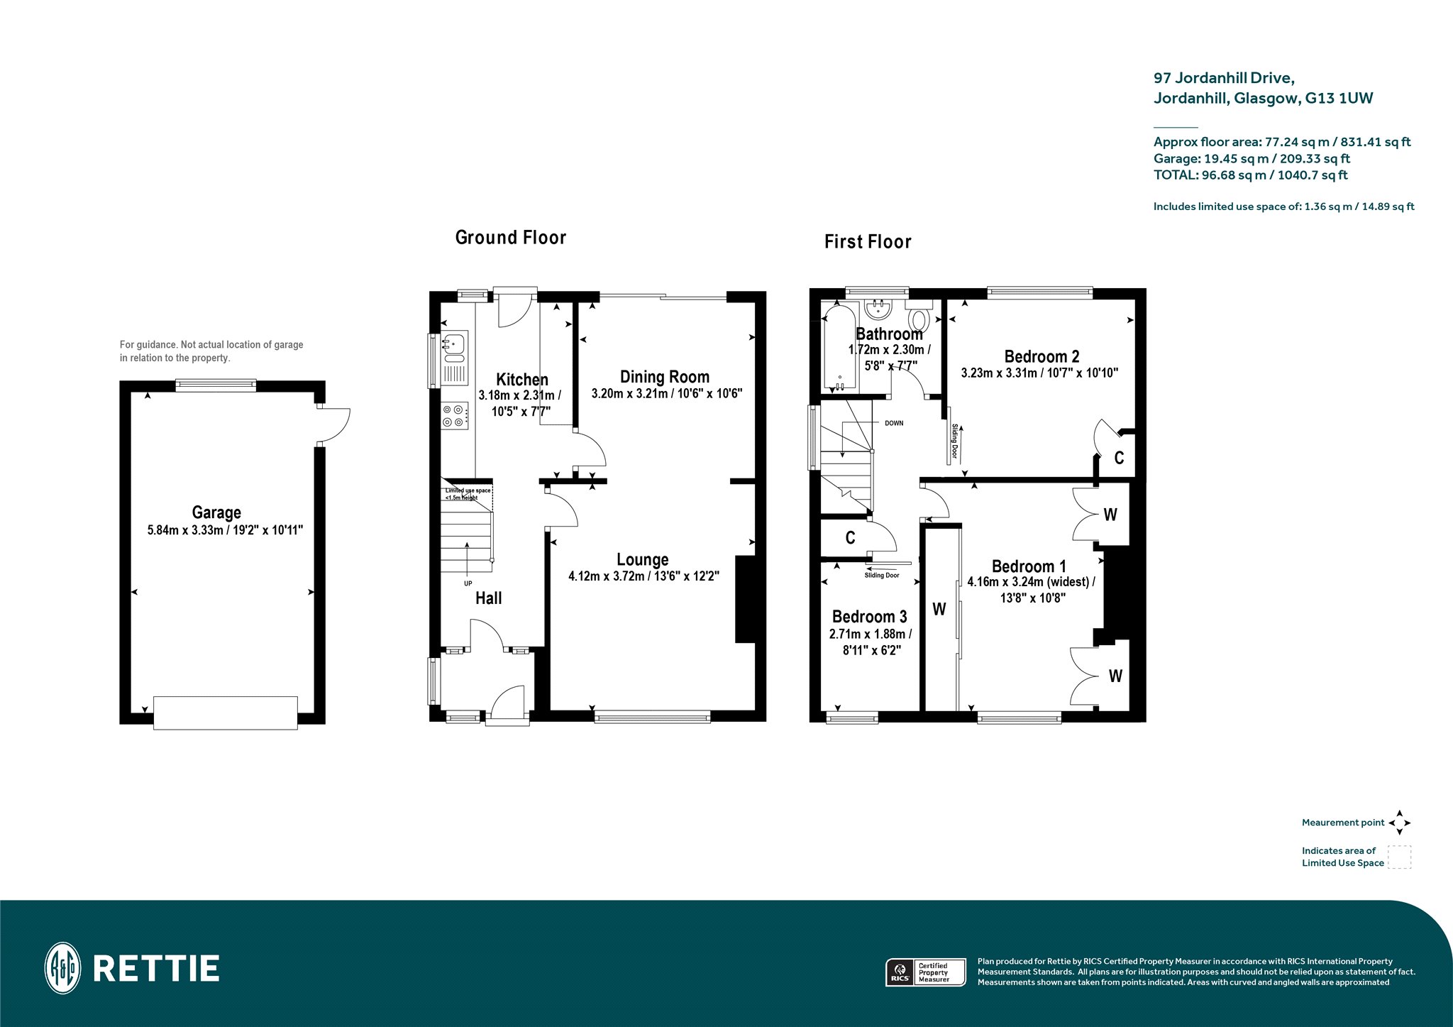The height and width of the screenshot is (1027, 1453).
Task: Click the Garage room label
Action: click(216, 512)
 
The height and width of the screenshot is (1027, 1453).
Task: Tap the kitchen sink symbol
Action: click(454, 347)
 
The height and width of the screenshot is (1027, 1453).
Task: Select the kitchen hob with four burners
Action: click(454, 416)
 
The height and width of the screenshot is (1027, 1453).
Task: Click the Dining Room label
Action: click(665, 377)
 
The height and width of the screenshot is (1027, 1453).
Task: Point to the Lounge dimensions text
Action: click(643, 576)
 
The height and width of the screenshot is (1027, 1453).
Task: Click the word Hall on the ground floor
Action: click(488, 598)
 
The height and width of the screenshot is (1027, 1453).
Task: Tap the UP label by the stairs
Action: click(468, 583)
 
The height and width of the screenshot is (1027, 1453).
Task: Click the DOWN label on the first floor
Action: click(894, 423)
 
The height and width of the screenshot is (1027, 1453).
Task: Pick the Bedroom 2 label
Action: click(1042, 356)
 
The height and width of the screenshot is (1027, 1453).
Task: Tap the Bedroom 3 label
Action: click(869, 617)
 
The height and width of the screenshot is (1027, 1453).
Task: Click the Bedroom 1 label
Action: click(1029, 566)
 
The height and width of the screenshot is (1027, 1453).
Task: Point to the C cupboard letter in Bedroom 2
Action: click(1119, 458)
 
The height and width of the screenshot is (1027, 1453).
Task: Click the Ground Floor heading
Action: click(511, 237)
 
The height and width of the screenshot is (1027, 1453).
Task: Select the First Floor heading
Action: click(868, 241)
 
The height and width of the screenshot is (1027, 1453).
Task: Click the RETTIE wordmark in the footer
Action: click(156, 969)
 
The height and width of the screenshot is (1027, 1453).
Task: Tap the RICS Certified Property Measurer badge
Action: click(926, 972)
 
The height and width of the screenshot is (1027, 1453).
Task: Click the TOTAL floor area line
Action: click(1251, 175)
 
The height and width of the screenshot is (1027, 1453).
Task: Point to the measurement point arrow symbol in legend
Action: click(1399, 823)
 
